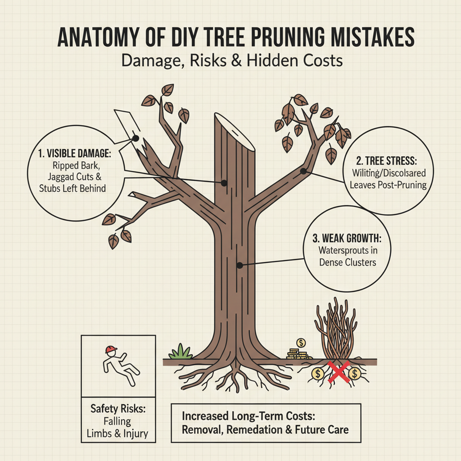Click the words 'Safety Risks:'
(x=118, y=409)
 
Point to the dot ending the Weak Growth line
(x=240, y=265)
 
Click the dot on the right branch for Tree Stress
(x=303, y=171)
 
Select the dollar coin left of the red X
(x=318, y=373)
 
